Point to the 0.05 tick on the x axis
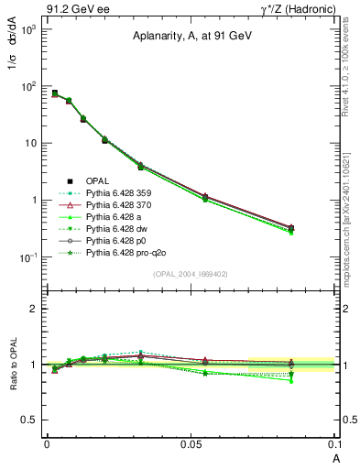[x=191, y=443]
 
